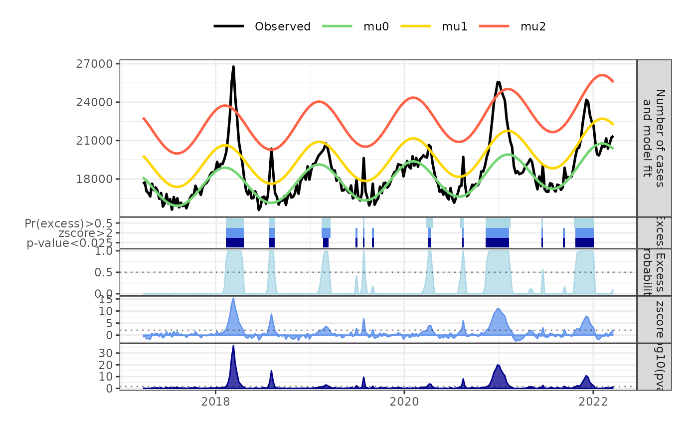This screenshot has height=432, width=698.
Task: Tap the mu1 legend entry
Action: click(x=454, y=26)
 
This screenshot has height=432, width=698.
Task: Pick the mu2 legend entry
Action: click(x=532, y=26)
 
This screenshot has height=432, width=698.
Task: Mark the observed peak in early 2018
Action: click(x=233, y=67)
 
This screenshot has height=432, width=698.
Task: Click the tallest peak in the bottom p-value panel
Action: click(x=233, y=346)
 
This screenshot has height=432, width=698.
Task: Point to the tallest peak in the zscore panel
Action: click(x=233, y=298)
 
